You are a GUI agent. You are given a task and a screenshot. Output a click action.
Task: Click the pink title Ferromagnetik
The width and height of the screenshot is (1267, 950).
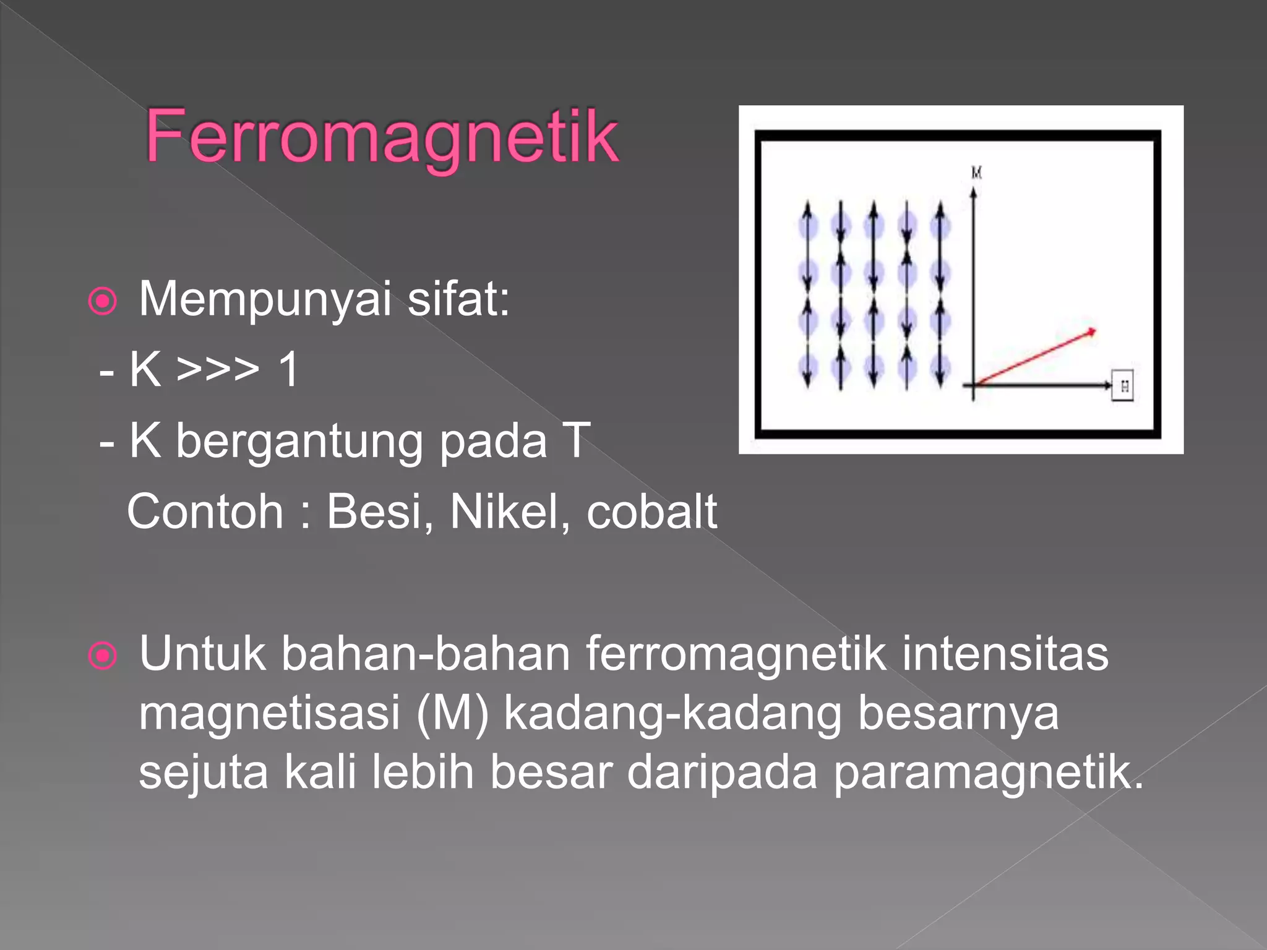coord(382,137)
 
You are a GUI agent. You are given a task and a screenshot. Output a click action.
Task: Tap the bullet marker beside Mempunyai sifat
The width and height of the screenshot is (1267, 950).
coord(103,301)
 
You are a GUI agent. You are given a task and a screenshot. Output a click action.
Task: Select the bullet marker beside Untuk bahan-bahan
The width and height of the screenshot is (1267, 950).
coord(103,656)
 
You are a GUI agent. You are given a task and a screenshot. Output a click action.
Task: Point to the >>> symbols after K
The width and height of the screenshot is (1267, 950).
coord(217,370)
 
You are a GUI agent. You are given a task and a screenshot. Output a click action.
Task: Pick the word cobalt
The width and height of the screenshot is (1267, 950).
coord(651,512)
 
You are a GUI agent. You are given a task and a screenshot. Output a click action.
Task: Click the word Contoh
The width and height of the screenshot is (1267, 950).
coord(205,512)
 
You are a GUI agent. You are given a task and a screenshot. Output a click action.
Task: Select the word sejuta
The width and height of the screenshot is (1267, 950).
coord(203,773)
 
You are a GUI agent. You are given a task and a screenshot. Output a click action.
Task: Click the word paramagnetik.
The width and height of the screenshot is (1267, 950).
coord(987,773)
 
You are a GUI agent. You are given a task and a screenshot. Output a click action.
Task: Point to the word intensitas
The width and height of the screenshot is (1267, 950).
coord(1005,654)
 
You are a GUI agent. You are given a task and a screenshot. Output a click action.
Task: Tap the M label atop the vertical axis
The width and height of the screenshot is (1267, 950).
coord(976,173)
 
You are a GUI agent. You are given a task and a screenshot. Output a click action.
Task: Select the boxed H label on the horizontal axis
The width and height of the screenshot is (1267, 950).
coord(1123,386)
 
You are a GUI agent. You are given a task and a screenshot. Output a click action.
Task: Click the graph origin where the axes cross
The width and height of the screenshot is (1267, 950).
coord(974,385)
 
